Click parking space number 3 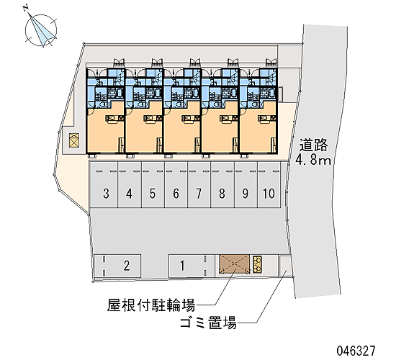click(104, 185)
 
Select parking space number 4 click(130, 185)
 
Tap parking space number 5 click(153, 185)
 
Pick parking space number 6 click(176, 185)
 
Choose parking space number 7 click(199, 185)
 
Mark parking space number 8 click(222, 185)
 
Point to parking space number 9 click(246, 185)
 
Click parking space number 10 click(269, 185)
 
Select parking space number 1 click(192, 266)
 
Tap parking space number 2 click(117, 266)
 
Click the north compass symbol click(40, 30)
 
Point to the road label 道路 click(313, 145)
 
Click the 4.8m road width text click(313, 160)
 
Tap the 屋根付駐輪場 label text click(151, 305)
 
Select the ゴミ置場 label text click(208, 323)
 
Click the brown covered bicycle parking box click(235, 264)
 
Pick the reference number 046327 click(356, 351)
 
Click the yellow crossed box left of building click(74, 140)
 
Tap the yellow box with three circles click(257, 264)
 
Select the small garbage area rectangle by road click(285, 266)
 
